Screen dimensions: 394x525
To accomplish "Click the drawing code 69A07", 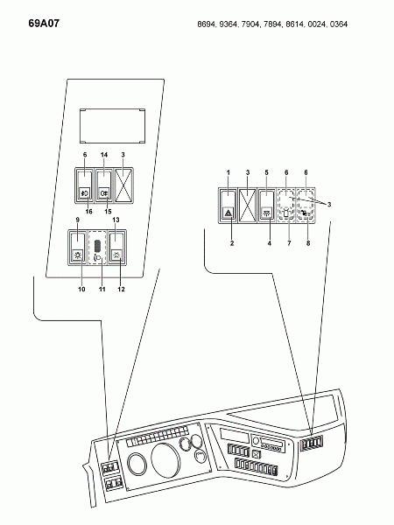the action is pos(44,24).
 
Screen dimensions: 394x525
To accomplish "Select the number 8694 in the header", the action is pos(207,24).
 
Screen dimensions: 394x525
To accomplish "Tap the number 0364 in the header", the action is pos(339,24).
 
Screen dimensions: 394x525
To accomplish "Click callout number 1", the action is pos(229,172).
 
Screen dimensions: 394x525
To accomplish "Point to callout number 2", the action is pos(232,243).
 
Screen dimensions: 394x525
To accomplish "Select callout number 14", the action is pos(104,155).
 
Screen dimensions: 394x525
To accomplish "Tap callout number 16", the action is pos(88,212).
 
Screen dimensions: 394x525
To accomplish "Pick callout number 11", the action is pos(102,289).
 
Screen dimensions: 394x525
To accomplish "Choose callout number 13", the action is pos(116,220).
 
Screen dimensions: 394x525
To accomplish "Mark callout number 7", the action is pos(289,243).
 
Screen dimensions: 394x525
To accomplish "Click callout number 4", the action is pos(270,243).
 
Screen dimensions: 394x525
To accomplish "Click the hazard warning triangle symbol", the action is pos(229,213).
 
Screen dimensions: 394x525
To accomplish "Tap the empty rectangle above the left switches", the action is pos(112,126).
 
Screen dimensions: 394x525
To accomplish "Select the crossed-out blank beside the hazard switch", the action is pos(247,206).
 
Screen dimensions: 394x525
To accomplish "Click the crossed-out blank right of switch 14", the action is pos(124,185).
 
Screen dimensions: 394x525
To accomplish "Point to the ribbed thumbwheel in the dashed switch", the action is pos(97,246).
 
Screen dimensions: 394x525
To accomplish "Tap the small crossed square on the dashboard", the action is pos(257,454).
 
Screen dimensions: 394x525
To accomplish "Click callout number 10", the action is pos(81,289).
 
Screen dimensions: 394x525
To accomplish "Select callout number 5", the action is pos(267,172).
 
